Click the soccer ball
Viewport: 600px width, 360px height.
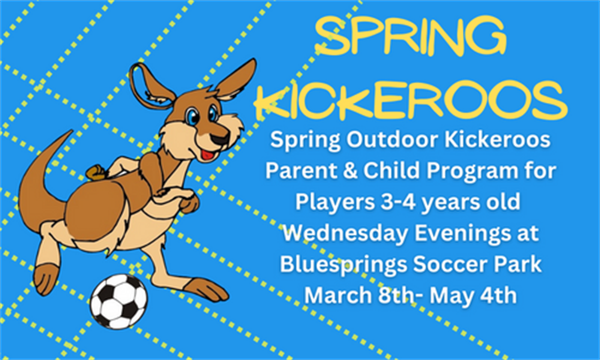(x=118, y=301)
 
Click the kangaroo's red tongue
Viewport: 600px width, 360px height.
(x=207, y=155)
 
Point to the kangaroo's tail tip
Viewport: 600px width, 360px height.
(x=70, y=132)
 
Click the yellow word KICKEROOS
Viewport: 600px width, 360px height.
(x=411, y=100)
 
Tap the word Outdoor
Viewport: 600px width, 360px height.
(x=392, y=140)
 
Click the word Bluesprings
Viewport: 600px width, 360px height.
(x=343, y=265)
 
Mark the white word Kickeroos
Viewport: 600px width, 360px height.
(x=497, y=140)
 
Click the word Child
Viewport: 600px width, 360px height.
(x=392, y=171)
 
